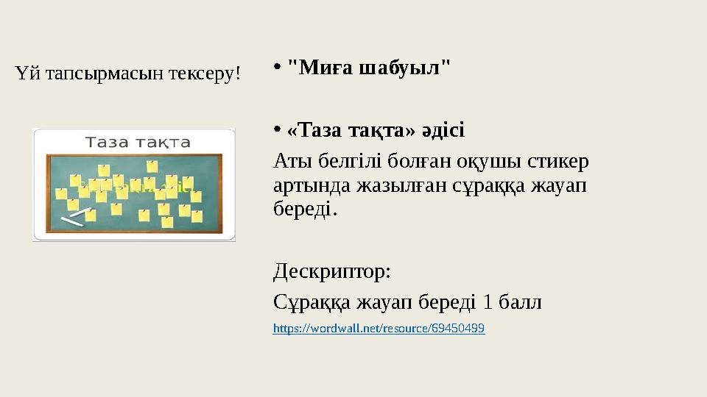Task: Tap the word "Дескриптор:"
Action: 332,273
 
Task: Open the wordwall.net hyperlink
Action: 379,329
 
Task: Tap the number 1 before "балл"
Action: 488,301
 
